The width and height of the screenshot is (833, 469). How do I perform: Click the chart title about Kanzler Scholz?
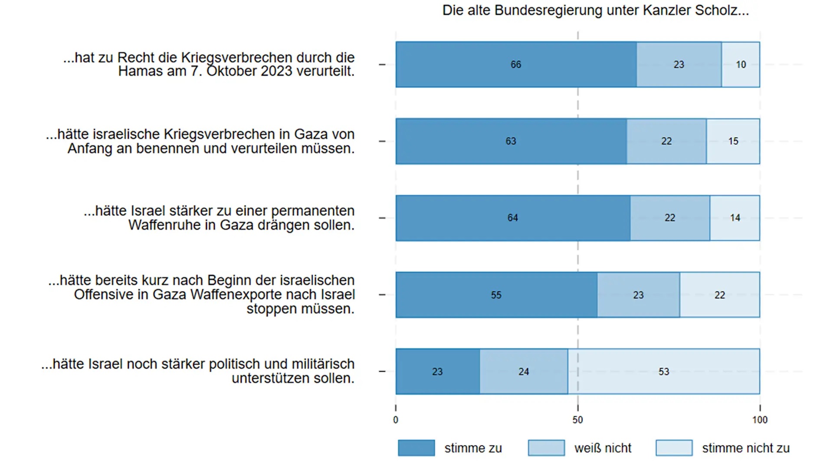pyautogui.click(x=595, y=10)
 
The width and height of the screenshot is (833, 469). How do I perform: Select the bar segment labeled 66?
pyautogui.click(x=516, y=65)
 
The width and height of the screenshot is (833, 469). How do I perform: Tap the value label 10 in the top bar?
pyautogui.click(x=741, y=65)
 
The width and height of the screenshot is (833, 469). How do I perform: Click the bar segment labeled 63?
pyautogui.click(x=511, y=141)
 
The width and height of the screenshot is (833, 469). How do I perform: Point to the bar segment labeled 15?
pyautogui.click(x=733, y=141)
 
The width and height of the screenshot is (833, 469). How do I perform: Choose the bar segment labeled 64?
pyautogui.click(x=512, y=218)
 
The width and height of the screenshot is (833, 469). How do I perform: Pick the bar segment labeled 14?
pyautogui.click(x=735, y=218)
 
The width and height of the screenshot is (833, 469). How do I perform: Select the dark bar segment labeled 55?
pyautogui.click(x=496, y=295)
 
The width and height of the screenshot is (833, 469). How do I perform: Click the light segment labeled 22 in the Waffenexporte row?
pyautogui.click(x=719, y=295)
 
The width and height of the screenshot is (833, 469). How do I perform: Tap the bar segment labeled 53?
pyautogui.click(x=663, y=372)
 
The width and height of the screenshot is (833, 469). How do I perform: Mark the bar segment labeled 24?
pyautogui.click(x=524, y=372)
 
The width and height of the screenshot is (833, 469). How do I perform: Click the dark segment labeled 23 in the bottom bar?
pyautogui.click(x=437, y=372)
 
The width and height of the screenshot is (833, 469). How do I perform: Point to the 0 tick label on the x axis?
pyautogui.click(x=396, y=420)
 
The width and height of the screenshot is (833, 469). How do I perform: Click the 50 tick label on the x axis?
pyautogui.click(x=577, y=420)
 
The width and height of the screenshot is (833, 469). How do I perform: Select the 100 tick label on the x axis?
pyautogui.click(x=760, y=420)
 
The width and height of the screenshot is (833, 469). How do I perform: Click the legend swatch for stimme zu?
pyautogui.click(x=416, y=448)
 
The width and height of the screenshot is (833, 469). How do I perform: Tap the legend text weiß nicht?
pyautogui.click(x=603, y=448)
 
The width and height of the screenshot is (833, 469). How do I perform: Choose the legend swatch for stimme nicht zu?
pyautogui.click(x=674, y=448)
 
